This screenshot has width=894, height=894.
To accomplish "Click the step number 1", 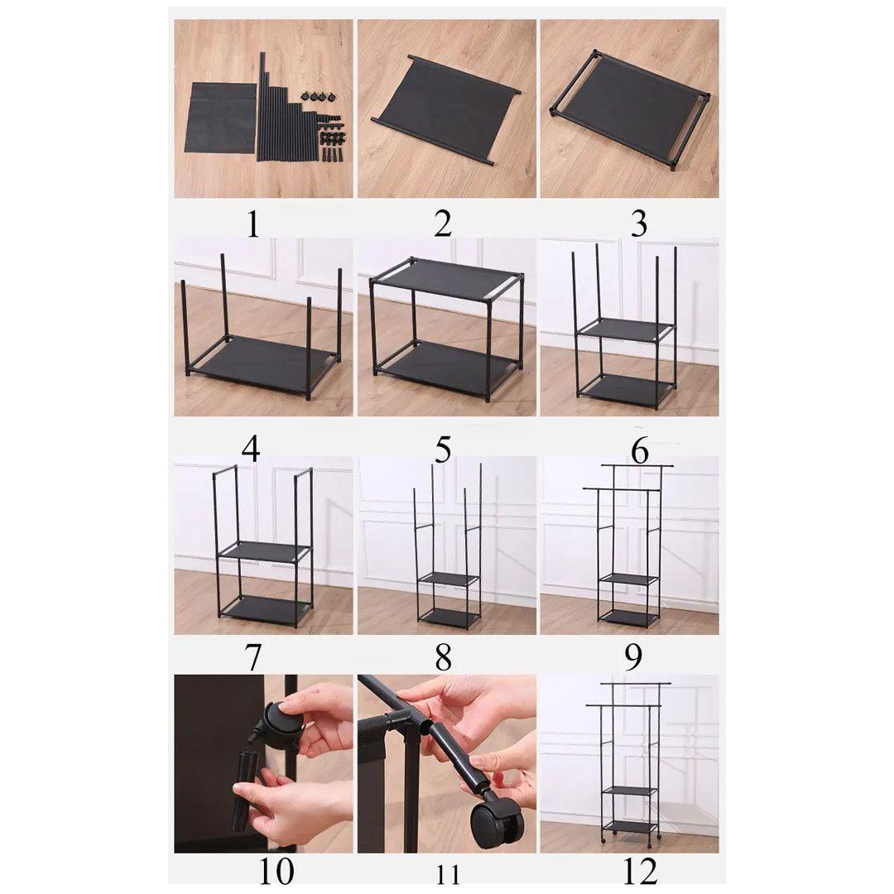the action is pos(253,224).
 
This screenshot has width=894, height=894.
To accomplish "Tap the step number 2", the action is pos(442,224).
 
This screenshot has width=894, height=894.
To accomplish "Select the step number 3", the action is pos(639,224).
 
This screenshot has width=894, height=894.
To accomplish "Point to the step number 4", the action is pos(251,449).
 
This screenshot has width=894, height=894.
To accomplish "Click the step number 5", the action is pos(443,449).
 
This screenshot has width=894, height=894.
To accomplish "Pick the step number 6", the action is pos(640,452).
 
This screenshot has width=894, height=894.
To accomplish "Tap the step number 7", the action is pos(253,656).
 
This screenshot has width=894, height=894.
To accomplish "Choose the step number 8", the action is pos(443,656).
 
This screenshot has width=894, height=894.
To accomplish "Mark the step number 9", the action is pos(633,656).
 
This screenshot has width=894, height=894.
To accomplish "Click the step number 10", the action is pos(276,871).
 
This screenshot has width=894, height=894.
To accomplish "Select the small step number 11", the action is pos(448,874).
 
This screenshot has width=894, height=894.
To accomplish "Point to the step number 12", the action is pos(640,871).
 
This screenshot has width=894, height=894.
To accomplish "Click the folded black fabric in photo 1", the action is pos(222,118).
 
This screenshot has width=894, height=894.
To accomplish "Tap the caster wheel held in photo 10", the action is pos(281,719).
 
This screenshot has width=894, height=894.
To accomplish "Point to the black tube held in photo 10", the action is pos(248,776).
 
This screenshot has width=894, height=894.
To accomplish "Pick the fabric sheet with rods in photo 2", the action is pos(446,109).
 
